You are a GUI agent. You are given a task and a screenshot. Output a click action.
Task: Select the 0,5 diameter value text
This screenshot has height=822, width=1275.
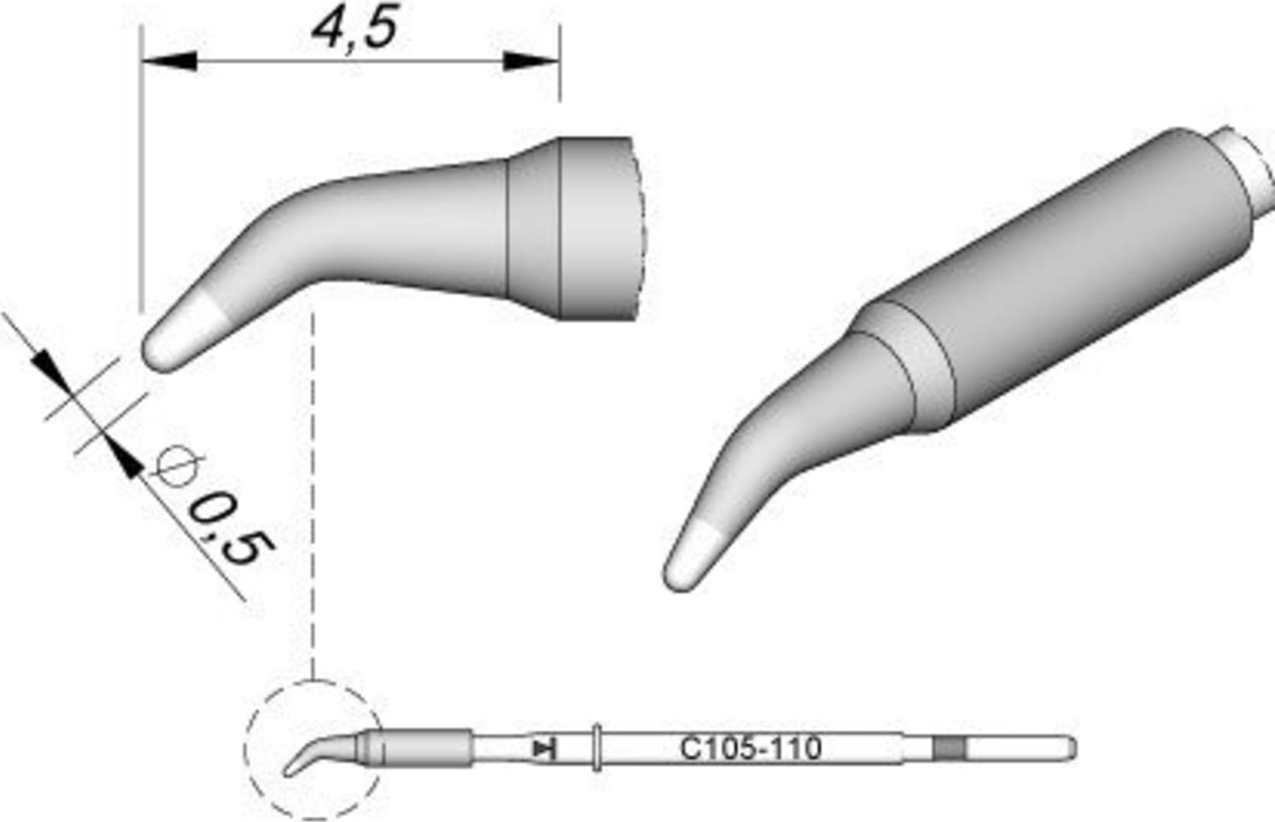pyautogui.click(x=224, y=531)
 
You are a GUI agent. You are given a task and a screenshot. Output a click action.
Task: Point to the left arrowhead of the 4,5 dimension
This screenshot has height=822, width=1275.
pyautogui.click(x=167, y=62)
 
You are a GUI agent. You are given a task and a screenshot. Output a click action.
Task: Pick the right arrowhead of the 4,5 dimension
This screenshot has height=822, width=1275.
pyautogui.click(x=532, y=62)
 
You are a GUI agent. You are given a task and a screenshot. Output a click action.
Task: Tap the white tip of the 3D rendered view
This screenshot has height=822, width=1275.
pyautogui.click(x=694, y=555)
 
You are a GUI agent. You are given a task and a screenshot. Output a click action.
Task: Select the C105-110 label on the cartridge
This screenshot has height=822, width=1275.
pyautogui.click(x=750, y=749)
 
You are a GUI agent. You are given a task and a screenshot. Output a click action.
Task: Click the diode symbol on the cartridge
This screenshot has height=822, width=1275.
pyautogui.click(x=543, y=749)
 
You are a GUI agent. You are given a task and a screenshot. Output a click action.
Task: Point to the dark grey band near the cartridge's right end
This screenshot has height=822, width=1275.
pyautogui.click(x=949, y=749)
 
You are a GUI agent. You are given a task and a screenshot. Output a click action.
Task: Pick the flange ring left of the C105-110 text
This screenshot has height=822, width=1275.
pyautogui.click(x=596, y=749)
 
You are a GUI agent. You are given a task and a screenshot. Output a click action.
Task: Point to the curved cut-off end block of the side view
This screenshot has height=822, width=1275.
pyautogui.click(x=598, y=229)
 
